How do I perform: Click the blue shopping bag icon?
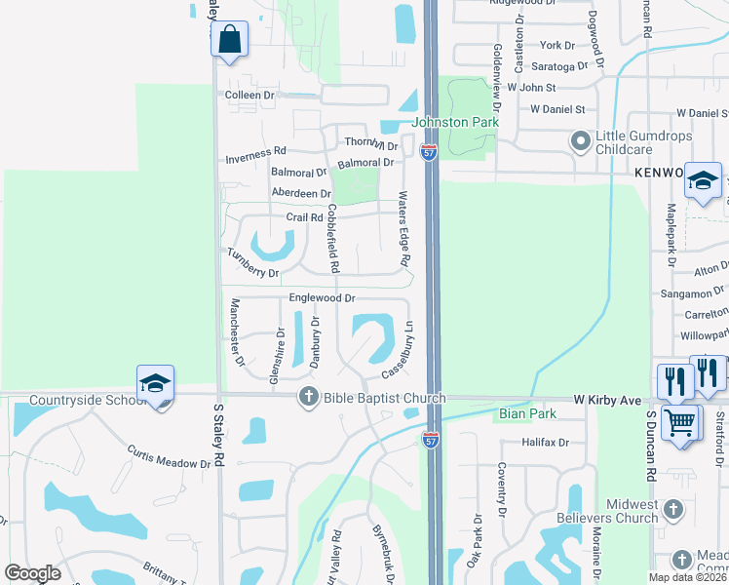click(229, 40)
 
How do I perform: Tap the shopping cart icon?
click(681, 422)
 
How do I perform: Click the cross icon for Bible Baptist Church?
click(308, 396)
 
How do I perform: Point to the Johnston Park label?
click(455, 122)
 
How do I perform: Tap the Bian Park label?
click(526, 413)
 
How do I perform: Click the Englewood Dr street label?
click(322, 297)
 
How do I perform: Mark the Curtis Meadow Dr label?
click(169, 456)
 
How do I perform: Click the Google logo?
click(32, 573)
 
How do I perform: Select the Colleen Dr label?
click(249, 96)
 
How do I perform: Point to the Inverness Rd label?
click(255, 151)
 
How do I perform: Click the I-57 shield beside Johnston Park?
click(429, 152)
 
